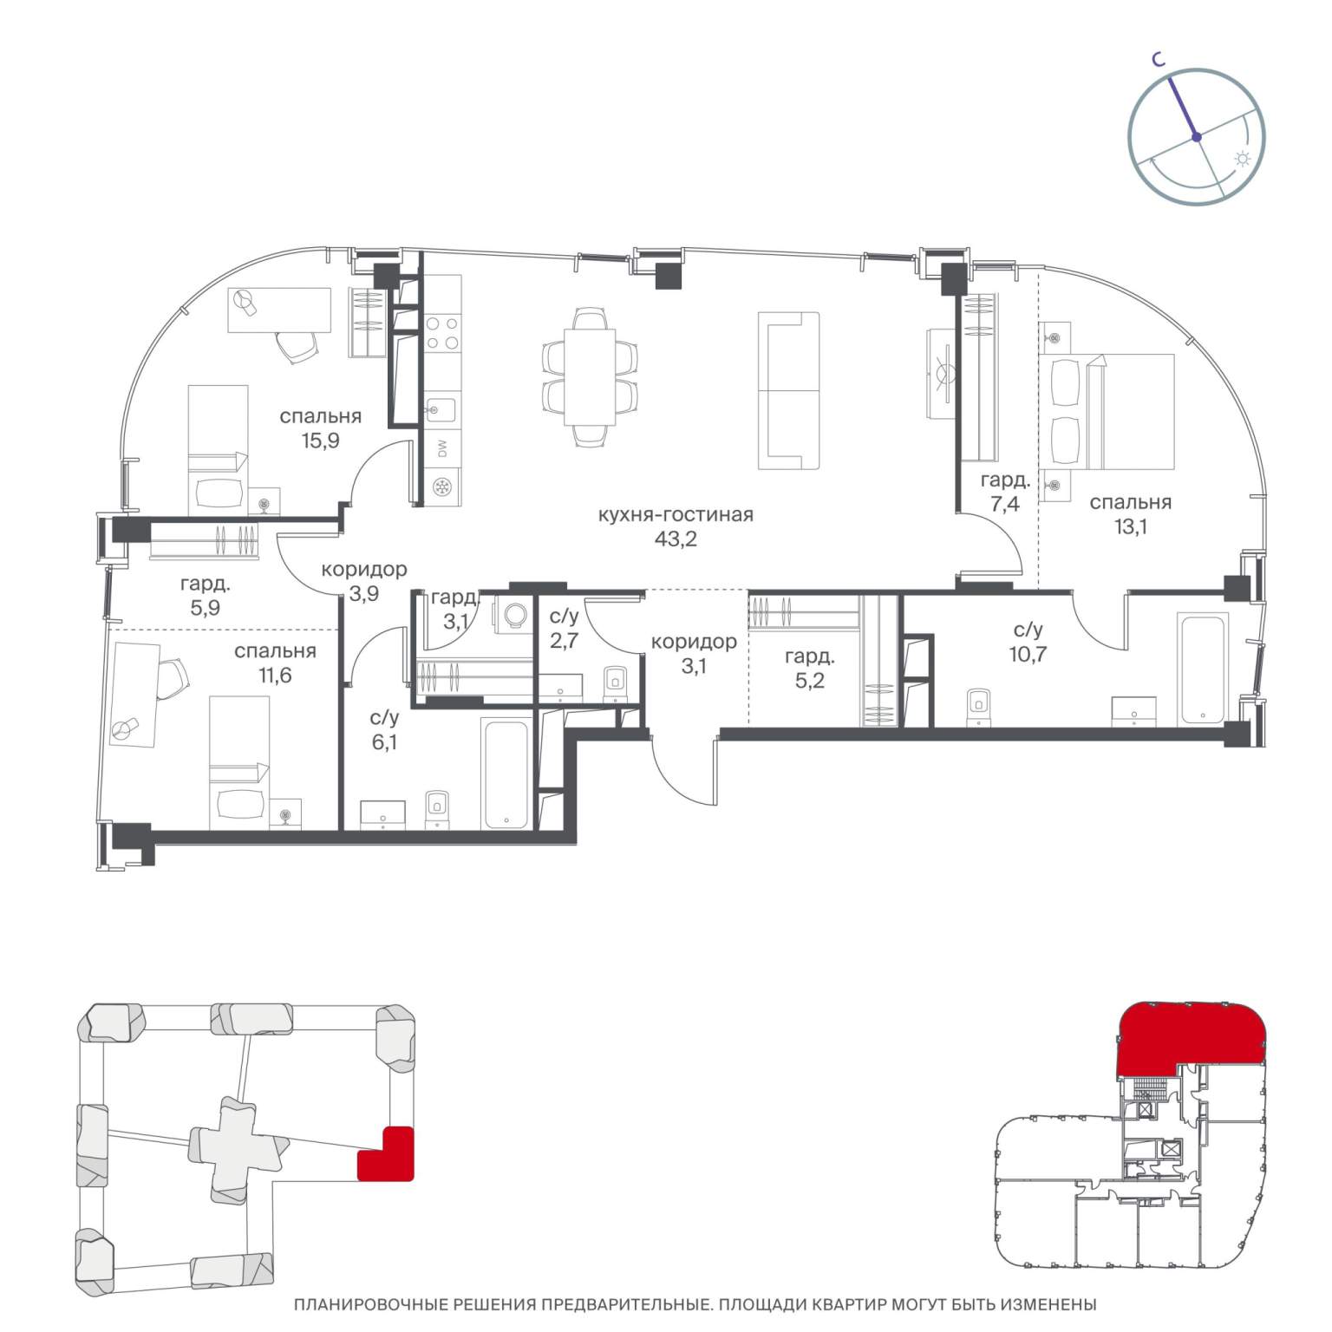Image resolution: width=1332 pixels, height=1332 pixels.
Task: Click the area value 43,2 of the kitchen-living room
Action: (x=676, y=539)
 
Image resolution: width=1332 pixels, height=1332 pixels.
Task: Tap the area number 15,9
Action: (x=320, y=441)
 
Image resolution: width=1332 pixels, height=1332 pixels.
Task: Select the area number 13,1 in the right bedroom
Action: (x=1130, y=526)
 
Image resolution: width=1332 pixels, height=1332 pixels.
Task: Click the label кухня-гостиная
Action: (x=676, y=514)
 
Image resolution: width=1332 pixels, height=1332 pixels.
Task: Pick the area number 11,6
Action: (x=275, y=675)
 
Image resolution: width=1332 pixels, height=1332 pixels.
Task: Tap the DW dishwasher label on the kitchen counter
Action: (x=441, y=448)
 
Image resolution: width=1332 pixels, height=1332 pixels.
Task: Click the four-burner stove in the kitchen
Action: (x=443, y=332)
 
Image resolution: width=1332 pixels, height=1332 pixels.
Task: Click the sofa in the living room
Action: (x=788, y=390)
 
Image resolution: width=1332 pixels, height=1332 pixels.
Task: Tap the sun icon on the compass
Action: (x=1243, y=160)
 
